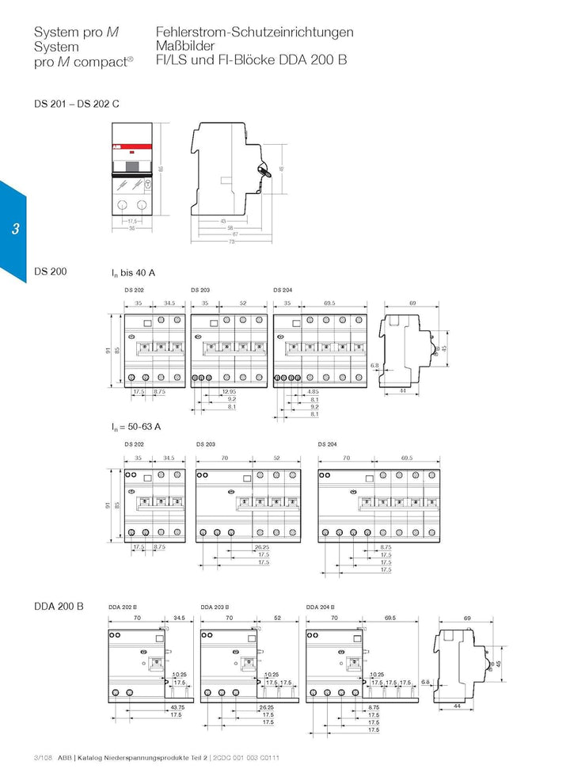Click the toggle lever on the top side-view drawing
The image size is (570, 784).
[265, 168]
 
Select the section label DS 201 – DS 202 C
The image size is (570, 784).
[77, 104]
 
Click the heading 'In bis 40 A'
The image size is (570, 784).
[133, 273]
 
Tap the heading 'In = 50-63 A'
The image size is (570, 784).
[136, 426]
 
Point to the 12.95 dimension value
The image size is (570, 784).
[229, 392]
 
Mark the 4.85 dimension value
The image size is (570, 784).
[313, 392]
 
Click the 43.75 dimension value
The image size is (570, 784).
[177, 706]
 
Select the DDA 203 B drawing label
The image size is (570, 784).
[215, 607]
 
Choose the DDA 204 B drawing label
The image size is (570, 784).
[320, 607]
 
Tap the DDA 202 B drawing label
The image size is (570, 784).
[122, 607]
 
